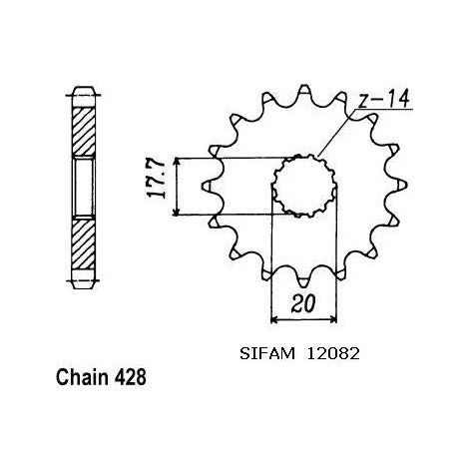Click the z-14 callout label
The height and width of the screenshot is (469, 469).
[x=384, y=99]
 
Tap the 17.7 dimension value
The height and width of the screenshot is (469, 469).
[x=156, y=180]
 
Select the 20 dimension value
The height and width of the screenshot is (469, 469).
[x=303, y=303]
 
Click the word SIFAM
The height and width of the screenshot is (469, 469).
[x=267, y=354]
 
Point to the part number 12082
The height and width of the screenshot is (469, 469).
[x=333, y=354]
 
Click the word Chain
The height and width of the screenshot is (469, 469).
[x=83, y=377]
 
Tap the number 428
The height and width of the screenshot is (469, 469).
[x=131, y=377]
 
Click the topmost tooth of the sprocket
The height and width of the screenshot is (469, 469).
[x=304, y=92]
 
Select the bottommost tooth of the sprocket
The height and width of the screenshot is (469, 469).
[x=302, y=280]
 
